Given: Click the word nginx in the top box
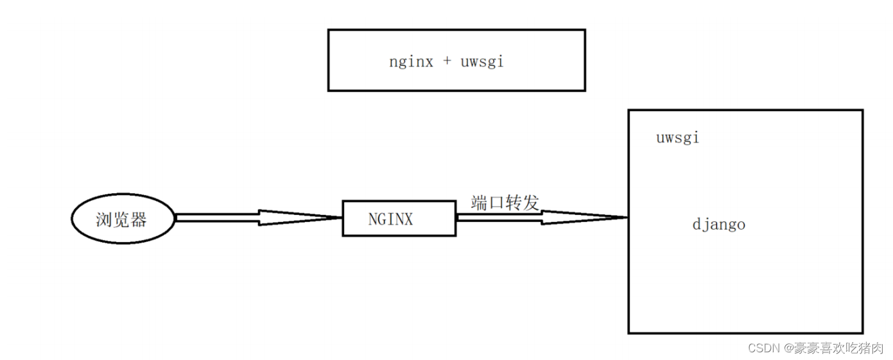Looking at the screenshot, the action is (411, 62).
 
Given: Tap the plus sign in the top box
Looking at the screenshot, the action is (447, 60).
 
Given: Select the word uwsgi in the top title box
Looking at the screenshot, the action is (482, 62).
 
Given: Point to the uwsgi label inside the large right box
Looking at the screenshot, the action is (678, 138).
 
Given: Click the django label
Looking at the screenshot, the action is (719, 225).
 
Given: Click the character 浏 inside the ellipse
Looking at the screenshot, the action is (103, 219).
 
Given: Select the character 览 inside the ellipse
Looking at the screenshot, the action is (121, 219).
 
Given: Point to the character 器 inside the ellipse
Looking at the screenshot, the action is (138, 219).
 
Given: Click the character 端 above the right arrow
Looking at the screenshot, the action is (479, 203).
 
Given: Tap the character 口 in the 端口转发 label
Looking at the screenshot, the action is (496, 203).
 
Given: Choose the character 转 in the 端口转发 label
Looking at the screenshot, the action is (514, 203).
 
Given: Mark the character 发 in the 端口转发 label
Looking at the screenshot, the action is (531, 203).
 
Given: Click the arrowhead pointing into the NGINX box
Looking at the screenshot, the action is (300, 218).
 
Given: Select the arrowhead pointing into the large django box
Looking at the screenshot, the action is (584, 218).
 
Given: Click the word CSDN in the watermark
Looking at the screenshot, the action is (763, 348).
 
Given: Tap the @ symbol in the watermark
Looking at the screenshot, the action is (788, 348).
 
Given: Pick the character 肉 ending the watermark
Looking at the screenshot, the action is (877, 348).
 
